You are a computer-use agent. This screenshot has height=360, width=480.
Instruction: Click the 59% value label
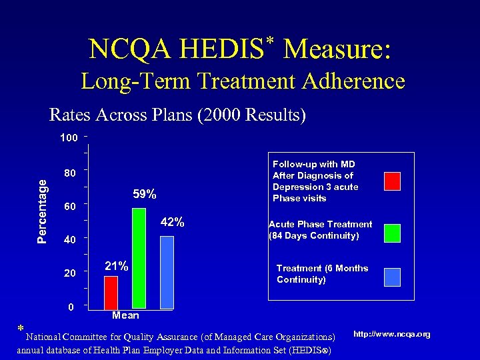tap(145, 195)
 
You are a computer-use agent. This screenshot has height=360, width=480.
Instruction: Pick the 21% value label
tap(117, 266)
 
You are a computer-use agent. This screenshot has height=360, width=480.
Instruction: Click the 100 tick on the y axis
tap(69, 138)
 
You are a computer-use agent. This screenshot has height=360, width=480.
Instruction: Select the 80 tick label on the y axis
tap(69, 173)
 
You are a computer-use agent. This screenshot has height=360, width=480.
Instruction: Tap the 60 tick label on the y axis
tap(69, 207)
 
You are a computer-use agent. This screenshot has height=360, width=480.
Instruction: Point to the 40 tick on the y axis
tap(69, 240)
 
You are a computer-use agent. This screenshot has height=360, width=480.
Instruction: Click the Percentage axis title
tap(42, 209)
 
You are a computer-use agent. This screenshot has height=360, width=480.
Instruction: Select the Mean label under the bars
tap(125, 315)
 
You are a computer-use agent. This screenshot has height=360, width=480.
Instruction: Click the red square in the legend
tap(392, 181)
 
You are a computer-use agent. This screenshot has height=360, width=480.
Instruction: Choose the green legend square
tap(392, 233)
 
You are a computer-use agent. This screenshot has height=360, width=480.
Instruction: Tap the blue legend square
tap(392, 277)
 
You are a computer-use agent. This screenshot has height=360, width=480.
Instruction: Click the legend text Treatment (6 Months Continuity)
tap(322, 274)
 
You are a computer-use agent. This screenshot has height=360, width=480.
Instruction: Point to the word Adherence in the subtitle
tap(353, 81)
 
